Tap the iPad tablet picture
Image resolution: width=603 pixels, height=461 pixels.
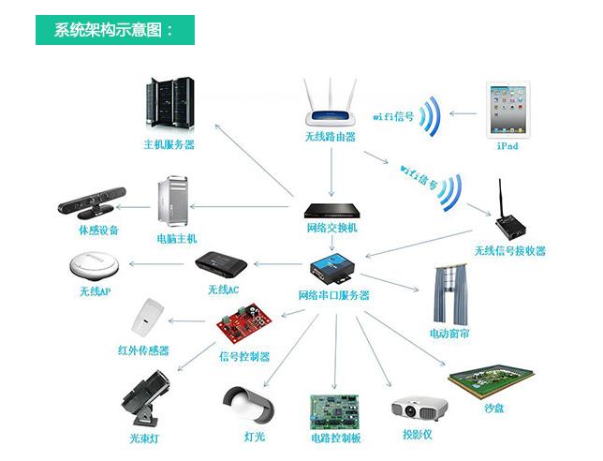[x=508, y=110]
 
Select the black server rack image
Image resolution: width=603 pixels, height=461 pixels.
[x=170, y=103]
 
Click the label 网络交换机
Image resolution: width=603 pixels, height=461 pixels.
[x=332, y=228]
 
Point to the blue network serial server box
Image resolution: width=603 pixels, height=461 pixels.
[x=331, y=268]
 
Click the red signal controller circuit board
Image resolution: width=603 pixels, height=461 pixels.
[x=244, y=322]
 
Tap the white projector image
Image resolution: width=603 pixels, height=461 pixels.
[x=419, y=409]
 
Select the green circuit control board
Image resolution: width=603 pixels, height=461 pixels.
[x=334, y=411]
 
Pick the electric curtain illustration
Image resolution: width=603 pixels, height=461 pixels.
[x=450, y=294]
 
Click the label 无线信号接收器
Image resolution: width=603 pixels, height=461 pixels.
[x=510, y=251]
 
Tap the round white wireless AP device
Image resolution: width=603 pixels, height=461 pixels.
[x=95, y=265]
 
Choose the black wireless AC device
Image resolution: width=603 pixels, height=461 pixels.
[x=221, y=265]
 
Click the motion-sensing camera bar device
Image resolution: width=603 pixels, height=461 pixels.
[x=92, y=201]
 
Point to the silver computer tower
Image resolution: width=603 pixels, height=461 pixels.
[x=173, y=201]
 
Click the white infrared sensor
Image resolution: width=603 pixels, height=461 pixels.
[x=147, y=318]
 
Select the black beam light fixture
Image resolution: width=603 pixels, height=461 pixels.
[x=145, y=398]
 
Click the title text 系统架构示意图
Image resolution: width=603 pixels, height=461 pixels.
[x=108, y=30]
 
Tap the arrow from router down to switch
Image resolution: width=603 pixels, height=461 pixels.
[x=331, y=172]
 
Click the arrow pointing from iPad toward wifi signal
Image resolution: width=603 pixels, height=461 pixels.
[x=463, y=113]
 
